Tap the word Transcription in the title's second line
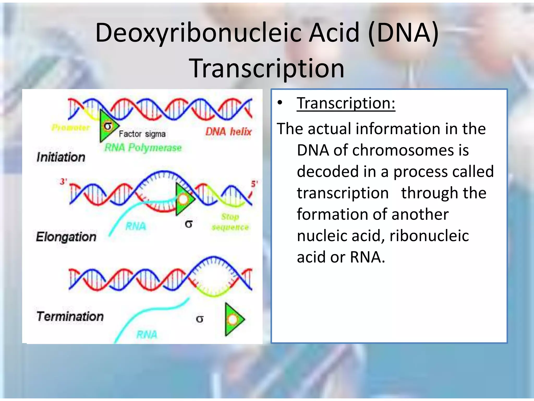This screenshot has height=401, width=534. click(x=266, y=68)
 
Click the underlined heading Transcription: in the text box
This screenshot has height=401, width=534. click(x=346, y=103)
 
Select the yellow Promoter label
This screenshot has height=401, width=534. click(x=71, y=128)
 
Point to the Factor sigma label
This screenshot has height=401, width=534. click(x=142, y=134)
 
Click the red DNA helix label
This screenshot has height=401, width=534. click(x=228, y=132)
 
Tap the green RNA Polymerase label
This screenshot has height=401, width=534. click(x=143, y=148)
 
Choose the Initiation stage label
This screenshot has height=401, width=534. click(x=61, y=157)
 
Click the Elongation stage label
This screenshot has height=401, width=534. click(x=66, y=237)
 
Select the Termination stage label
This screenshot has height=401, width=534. click(x=70, y=316)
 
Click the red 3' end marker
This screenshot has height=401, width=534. click(x=63, y=181)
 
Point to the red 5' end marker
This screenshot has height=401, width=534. click(x=254, y=184)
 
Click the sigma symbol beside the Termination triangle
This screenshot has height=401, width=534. click(x=199, y=319)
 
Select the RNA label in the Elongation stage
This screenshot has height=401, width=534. click(x=136, y=226)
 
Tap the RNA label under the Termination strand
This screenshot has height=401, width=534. click(x=147, y=334)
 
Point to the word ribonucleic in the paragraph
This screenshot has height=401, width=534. click(x=429, y=236)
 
